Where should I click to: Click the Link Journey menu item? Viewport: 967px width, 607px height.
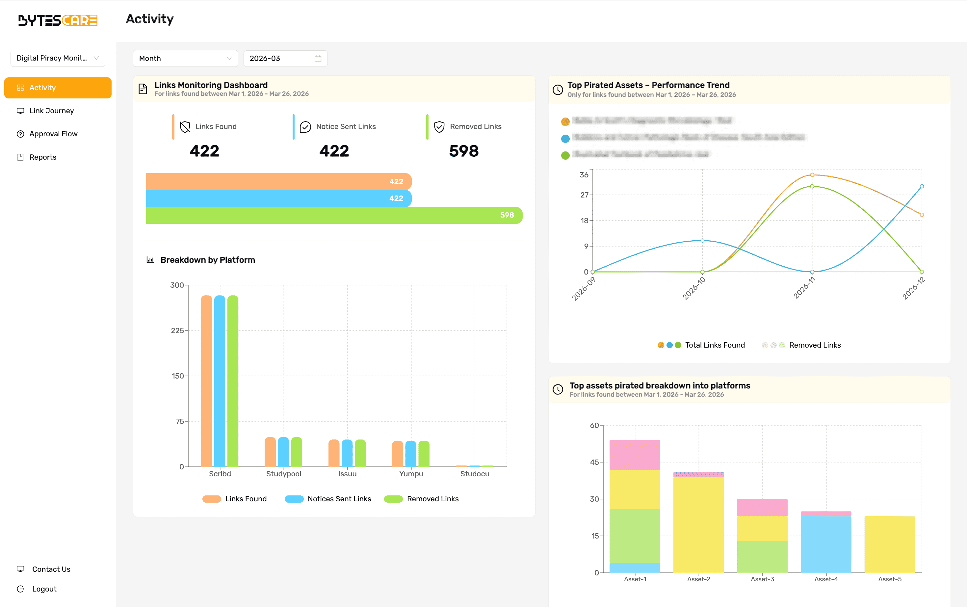click(51, 111)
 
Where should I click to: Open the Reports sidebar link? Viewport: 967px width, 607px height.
click(42, 157)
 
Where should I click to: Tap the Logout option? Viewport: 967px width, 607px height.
click(44, 589)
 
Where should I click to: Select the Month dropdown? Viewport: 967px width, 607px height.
click(185, 58)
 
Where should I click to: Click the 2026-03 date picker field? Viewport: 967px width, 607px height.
click(285, 58)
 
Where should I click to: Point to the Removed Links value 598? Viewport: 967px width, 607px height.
click(464, 151)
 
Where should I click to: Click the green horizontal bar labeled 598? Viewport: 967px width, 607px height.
click(333, 215)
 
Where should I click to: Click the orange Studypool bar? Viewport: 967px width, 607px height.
click(270, 452)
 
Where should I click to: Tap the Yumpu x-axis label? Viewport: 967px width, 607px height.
click(411, 474)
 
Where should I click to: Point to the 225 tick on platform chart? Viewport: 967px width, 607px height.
click(177, 330)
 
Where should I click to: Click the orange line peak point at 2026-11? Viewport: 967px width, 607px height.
click(812, 175)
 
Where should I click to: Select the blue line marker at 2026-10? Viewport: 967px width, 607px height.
click(702, 241)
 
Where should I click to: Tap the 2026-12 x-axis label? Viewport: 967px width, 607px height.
click(914, 288)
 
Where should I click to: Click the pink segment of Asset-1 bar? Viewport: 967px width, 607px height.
click(635, 455)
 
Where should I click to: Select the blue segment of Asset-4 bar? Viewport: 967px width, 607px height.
click(826, 544)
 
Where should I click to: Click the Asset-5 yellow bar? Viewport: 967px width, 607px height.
click(890, 544)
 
